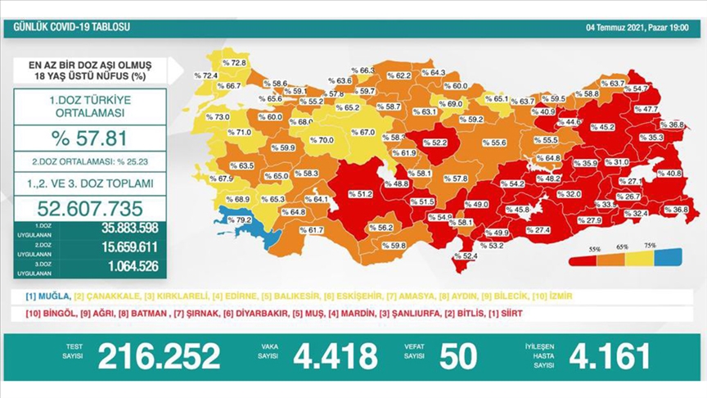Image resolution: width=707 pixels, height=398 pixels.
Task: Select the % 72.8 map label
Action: (234, 62)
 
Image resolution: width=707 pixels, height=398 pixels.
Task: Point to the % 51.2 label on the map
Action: (360, 194)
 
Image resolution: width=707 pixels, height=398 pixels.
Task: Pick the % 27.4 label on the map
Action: (537, 230)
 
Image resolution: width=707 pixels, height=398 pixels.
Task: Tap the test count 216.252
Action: (159, 356)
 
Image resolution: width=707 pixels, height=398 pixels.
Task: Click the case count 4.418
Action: (341, 356)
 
